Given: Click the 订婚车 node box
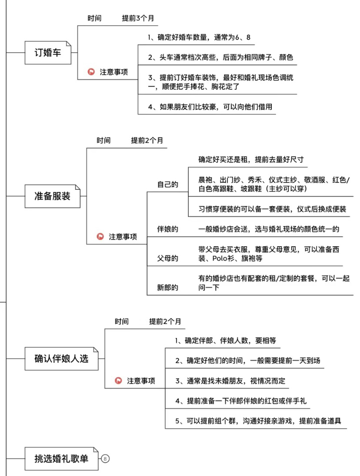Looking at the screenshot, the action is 48,53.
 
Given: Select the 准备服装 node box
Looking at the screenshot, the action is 53,196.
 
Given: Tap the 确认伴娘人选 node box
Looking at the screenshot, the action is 62,359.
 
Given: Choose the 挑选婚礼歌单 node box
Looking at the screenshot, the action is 62,459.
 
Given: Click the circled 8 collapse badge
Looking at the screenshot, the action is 105,459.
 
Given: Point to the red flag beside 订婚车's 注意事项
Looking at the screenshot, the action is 91,72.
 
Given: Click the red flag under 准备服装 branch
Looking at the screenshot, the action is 100,237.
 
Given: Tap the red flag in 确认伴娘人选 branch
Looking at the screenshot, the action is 118,381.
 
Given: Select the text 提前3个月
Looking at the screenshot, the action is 138,18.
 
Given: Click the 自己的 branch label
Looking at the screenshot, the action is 168,184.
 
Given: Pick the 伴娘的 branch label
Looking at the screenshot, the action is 168,229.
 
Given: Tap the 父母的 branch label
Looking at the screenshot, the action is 168,258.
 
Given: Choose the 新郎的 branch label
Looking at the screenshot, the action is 168,288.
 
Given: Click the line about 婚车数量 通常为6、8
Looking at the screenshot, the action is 199,37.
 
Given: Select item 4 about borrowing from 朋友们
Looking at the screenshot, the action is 210,107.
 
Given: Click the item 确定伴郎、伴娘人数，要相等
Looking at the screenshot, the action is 225,341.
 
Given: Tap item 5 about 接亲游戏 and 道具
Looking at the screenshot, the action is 258,421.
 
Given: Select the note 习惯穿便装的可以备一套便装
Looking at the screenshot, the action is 272,209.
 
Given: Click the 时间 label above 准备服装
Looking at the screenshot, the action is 104,141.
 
